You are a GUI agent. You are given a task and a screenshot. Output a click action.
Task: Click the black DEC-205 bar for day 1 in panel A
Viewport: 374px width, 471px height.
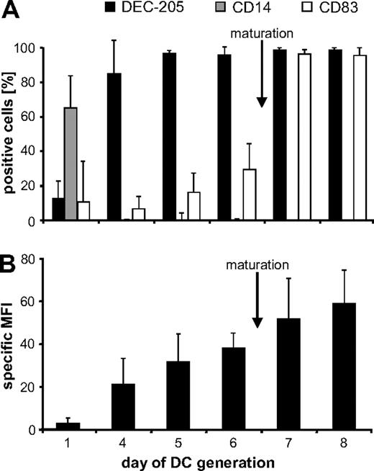coord(58,210)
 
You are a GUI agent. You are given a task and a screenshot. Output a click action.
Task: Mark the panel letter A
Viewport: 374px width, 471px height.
coord(12,12)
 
